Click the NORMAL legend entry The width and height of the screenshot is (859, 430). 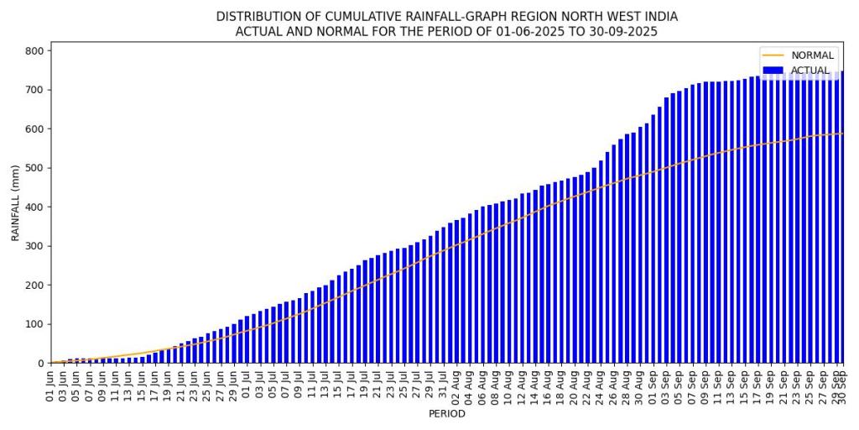coord(806,55)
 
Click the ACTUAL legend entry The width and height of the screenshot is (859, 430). coord(806,71)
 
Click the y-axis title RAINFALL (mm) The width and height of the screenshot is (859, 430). coord(15,202)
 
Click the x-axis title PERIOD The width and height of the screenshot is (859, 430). coord(446,414)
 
